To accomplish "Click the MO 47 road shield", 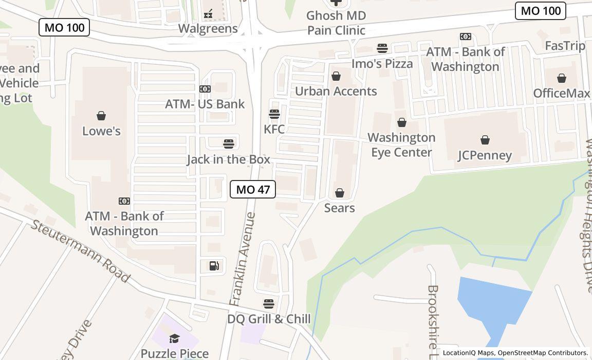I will [x=253, y=189].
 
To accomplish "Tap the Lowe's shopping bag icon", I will [x=101, y=116].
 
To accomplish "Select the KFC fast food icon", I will [x=274, y=114].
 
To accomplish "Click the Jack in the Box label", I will [x=228, y=159].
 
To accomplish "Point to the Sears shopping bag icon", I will [x=340, y=193].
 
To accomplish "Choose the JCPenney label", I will [x=485, y=155].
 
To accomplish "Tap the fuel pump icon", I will [x=214, y=265].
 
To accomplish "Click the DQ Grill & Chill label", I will [x=269, y=319].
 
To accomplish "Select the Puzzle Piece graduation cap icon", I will [x=174, y=338].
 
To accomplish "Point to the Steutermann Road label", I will [x=80, y=250].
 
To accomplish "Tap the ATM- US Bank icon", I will [x=205, y=89].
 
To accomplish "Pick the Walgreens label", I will [x=208, y=29].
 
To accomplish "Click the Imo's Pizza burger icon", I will [x=382, y=48].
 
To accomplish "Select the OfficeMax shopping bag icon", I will [x=562, y=78].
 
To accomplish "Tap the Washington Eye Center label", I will [x=401, y=145].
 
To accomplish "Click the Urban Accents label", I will [x=336, y=92].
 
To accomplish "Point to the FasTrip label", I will [x=565, y=46].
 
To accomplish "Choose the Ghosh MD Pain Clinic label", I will [x=336, y=23].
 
